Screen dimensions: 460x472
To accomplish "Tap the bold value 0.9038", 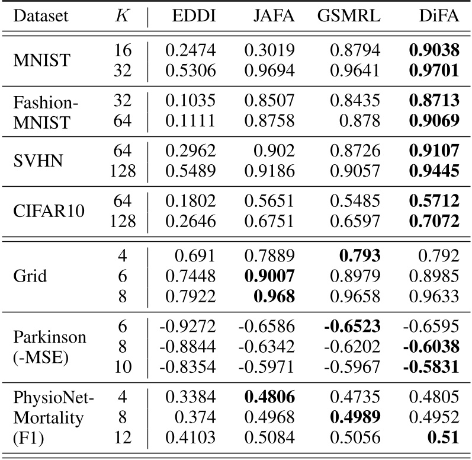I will click(434, 52).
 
